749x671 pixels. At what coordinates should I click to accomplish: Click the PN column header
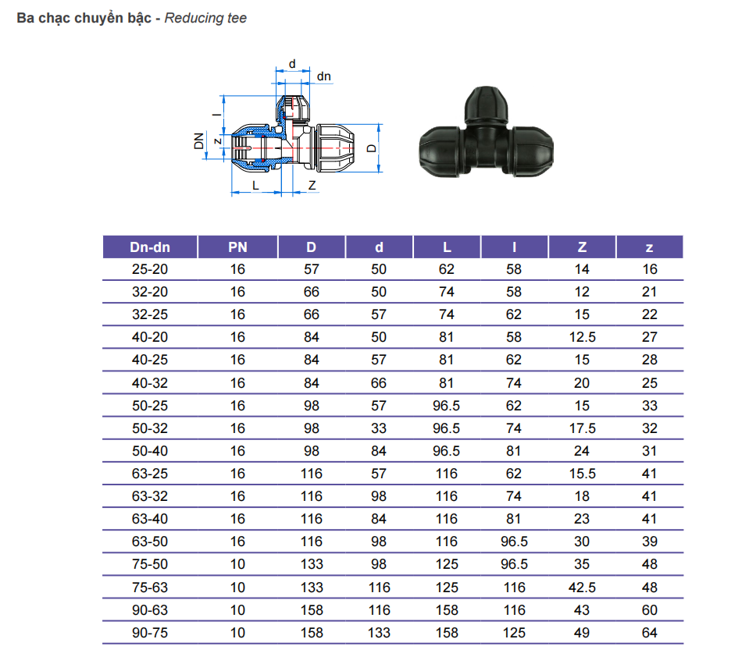tap(237, 247)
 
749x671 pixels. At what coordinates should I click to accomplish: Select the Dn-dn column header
tap(150, 247)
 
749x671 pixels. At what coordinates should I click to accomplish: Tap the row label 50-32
tap(150, 428)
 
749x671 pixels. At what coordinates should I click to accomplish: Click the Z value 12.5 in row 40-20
tap(583, 337)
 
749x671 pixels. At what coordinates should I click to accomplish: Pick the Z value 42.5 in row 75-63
tap(583, 587)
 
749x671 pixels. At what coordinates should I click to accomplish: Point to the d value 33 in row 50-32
tap(379, 428)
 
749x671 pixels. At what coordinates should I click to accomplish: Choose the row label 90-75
tap(150, 633)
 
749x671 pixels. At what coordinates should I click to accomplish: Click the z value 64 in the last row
tap(650, 633)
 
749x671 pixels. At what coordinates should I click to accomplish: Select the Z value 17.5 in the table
tap(583, 428)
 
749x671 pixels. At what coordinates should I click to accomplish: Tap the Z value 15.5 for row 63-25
tap(583, 474)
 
